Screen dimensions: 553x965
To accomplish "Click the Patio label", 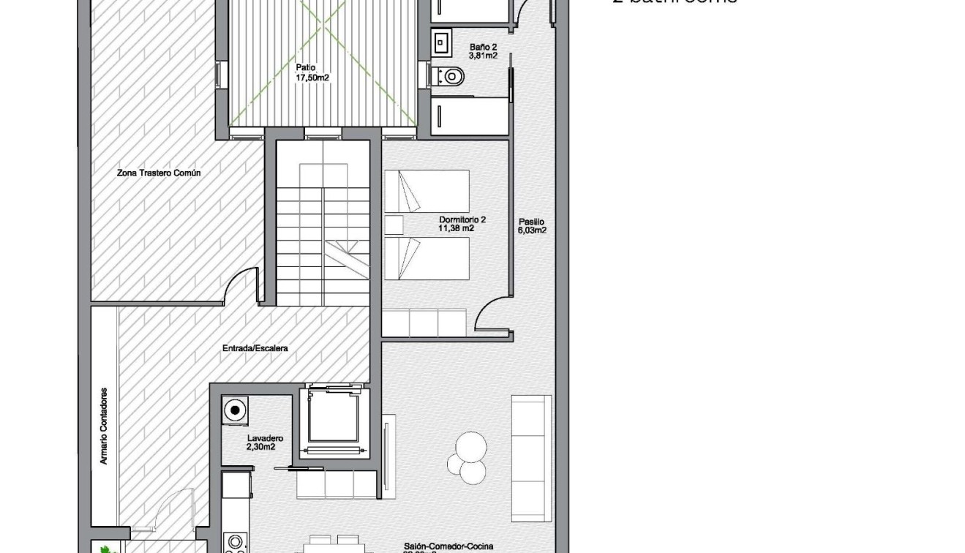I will point(306,67).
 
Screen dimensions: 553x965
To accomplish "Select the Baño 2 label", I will point(483,47).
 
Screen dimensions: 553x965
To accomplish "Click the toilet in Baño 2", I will point(449,75).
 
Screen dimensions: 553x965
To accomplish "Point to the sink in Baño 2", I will point(441,42).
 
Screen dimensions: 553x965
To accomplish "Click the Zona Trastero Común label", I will point(159,173).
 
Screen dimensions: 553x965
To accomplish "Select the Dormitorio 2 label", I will point(462,219).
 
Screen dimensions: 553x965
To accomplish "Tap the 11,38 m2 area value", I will point(457,228).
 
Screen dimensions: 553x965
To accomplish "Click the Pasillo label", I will point(532,222).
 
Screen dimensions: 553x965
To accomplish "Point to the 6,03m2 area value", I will point(532,230).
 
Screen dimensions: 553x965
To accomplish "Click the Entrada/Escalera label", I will point(255,348).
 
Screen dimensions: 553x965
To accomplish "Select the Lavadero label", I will point(265,438).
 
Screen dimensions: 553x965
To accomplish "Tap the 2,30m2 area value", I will point(261,447).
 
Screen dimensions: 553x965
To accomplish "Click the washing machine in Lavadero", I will point(236,410).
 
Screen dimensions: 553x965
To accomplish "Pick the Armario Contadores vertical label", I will point(104,426).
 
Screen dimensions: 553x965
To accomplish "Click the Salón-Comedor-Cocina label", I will point(448,546).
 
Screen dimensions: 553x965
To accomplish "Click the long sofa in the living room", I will point(531,458).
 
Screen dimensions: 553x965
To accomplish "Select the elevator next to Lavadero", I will point(334,420).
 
